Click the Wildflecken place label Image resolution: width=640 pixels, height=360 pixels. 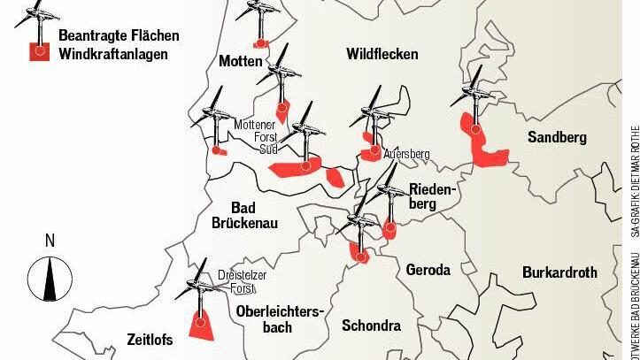point(382,55)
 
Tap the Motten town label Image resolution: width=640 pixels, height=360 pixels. point(240,61)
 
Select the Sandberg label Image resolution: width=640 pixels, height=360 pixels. point(557,137)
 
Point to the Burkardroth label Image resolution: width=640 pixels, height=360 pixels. point(559,272)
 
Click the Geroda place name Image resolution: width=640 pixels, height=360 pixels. point(428,270)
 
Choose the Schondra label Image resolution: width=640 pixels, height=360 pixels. point(371,326)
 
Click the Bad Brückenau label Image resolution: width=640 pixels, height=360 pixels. point(244,215)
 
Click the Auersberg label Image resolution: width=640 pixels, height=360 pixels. point(406,155)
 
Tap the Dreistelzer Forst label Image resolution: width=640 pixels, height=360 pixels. point(242,282)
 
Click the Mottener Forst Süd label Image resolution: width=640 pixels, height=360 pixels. point(256,137)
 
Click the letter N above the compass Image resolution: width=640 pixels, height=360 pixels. point(50,241)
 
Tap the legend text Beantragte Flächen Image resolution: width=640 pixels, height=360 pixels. point(119,36)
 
